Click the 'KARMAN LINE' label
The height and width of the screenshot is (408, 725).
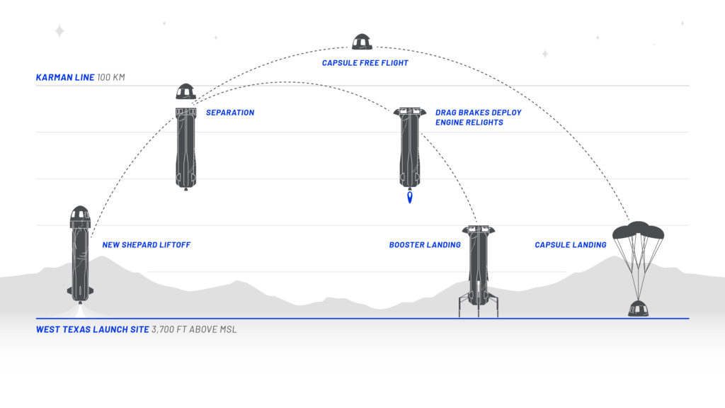tap(65, 77)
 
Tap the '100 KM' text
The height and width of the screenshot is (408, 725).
tap(111, 77)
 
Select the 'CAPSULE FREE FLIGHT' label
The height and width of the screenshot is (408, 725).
tap(365, 63)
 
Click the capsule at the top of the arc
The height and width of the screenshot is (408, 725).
tap(362, 41)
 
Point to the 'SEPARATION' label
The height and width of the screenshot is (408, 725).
tap(230, 113)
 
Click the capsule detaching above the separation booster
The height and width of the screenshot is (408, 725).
tap(185, 93)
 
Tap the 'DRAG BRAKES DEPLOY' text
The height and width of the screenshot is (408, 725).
tap(479, 113)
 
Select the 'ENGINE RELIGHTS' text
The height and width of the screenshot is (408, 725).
tap(469, 123)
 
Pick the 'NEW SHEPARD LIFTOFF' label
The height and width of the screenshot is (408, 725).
tap(147, 245)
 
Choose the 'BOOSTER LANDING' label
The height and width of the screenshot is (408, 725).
tap(425, 245)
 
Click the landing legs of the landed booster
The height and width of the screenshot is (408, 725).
tap(478, 305)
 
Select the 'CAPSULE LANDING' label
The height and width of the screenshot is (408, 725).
tap(571, 245)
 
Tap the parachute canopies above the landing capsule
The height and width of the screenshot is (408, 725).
tap(638, 231)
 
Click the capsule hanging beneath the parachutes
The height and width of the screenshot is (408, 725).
tap(638, 308)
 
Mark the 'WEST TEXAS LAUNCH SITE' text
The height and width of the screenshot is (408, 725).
tap(92, 329)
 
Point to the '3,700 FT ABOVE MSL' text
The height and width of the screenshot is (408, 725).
tap(194, 329)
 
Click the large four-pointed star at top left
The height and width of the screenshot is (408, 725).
tap(59, 30)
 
